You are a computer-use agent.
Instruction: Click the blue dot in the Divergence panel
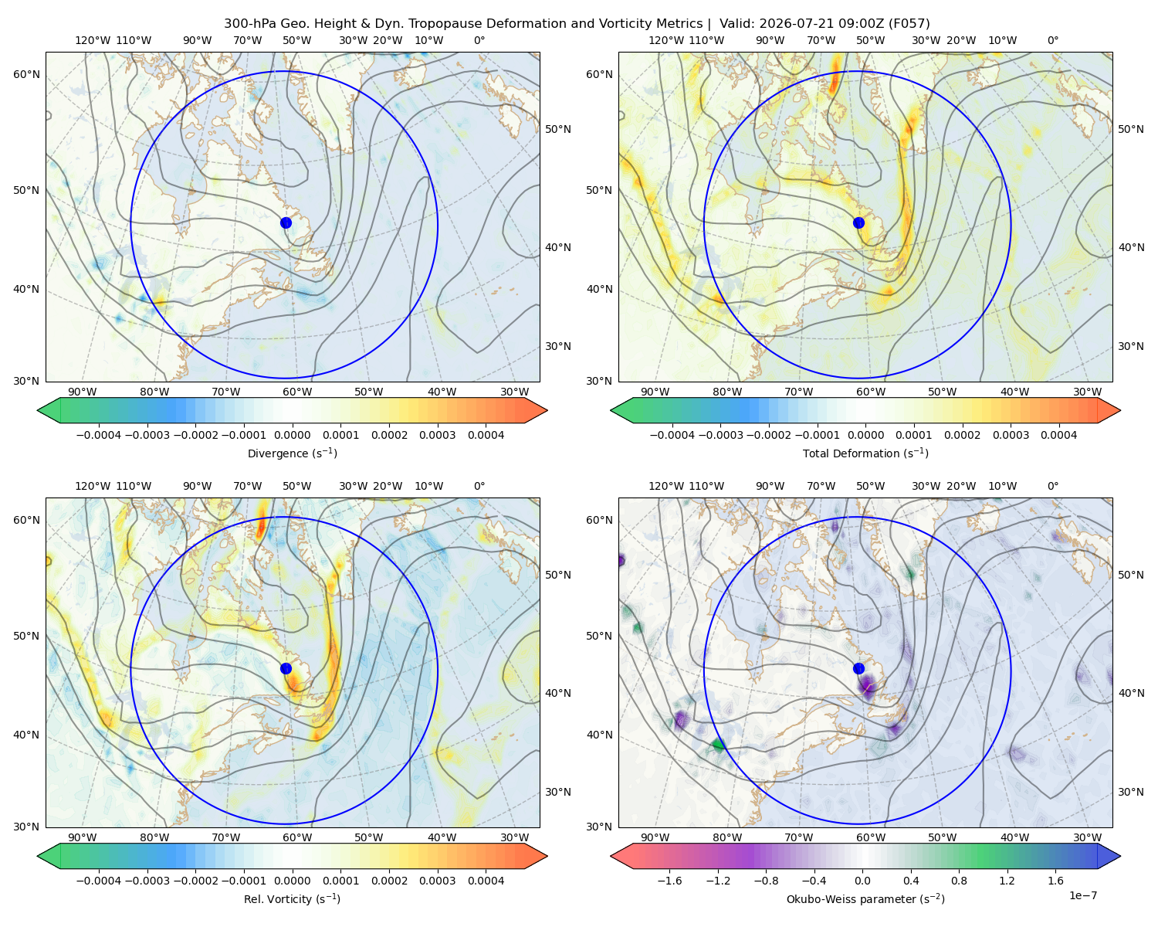286,222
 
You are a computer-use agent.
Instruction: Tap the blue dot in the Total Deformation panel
858,222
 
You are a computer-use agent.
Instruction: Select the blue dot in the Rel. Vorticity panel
286,668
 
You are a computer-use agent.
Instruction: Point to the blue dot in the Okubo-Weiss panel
858,668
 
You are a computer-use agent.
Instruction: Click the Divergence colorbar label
292,453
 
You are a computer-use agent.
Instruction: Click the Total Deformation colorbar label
865,453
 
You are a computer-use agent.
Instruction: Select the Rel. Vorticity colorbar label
292,898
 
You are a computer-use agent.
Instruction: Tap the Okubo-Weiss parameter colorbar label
865,898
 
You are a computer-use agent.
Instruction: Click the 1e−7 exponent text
1082,895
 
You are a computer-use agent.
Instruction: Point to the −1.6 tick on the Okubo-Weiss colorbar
669,880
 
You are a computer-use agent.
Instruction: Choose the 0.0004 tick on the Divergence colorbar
486,435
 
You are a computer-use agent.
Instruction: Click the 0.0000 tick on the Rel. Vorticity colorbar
292,880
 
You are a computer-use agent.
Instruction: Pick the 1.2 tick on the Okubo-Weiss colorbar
1007,880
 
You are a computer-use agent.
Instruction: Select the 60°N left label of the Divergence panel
26,74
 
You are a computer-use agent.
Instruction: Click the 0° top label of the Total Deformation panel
1052,40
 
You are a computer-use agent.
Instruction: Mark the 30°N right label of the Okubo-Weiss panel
1131,791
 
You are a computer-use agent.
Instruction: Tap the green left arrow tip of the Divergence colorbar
38,410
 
